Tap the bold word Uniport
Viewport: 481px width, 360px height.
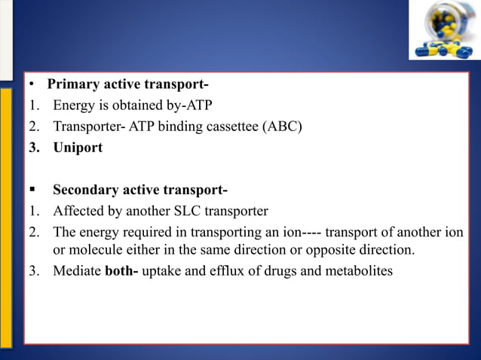click(x=78, y=147)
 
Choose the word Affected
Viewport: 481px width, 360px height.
click(x=77, y=210)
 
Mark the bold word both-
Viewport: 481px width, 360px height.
click(x=121, y=270)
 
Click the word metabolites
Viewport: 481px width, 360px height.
click(x=360, y=270)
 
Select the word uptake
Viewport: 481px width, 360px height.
click(x=161, y=270)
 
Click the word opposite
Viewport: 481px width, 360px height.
click(x=326, y=249)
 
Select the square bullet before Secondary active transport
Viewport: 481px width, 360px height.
click(x=32, y=189)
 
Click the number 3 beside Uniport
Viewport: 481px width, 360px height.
click(x=33, y=147)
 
